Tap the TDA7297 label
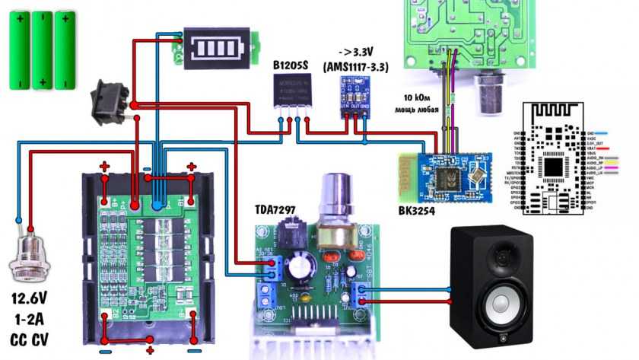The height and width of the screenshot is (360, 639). [x=279, y=209]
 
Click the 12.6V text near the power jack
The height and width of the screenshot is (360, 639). [x=30, y=297]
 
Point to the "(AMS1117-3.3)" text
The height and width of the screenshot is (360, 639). [x=356, y=67]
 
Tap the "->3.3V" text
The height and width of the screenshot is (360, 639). [x=355, y=52]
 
